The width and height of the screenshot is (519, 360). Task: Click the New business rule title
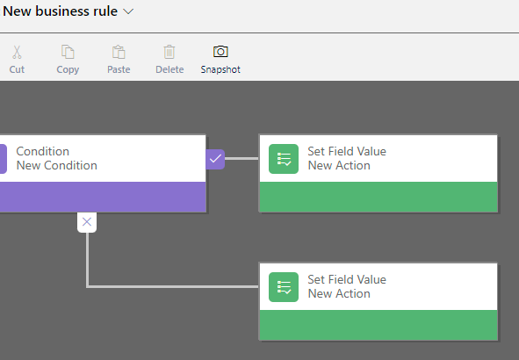coord(61,11)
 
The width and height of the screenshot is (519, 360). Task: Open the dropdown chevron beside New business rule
coord(128,11)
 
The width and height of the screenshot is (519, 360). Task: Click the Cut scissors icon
coord(17,53)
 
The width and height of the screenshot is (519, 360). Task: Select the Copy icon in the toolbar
coord(68,52)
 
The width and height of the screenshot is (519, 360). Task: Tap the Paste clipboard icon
coord(119,52)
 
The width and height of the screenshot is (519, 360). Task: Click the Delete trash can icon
coord(169,52)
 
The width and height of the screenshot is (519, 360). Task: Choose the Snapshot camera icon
coord(220,52)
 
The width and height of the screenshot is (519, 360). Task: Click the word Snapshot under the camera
coord(220,69)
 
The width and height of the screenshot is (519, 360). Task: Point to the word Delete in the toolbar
coord(169,69)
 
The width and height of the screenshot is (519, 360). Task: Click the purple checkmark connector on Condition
coord(215,159)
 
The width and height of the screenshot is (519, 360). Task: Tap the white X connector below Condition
coord(87,222)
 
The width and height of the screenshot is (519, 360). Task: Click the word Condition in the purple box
coord(43,151)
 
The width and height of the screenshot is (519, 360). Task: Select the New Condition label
coord(57,165)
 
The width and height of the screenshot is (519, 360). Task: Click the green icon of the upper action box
coord(284,159)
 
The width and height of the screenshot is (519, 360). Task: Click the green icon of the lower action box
coord(284,287)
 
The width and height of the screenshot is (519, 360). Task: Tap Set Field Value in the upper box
coord(347,151)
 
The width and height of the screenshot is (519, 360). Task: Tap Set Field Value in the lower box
coord(347,279)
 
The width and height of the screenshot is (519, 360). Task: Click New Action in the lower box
coord(339,293)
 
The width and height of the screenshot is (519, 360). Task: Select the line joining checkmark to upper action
coord(241,159)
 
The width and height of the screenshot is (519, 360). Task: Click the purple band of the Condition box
coord(103,197)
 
